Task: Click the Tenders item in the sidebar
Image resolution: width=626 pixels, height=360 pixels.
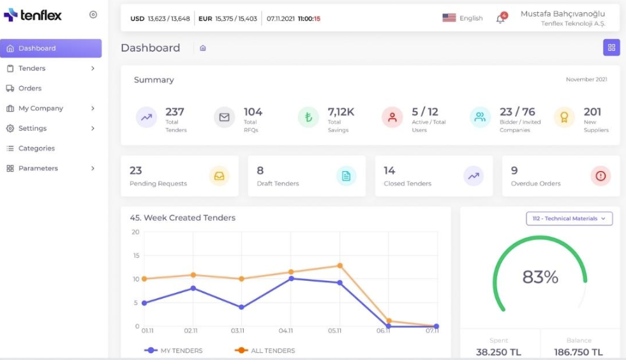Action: click(32, 68)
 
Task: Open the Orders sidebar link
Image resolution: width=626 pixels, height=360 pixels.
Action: click(30, 88)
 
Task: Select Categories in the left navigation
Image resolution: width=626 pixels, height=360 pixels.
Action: click(36, 148)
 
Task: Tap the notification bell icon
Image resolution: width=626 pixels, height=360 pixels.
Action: click(500, 19)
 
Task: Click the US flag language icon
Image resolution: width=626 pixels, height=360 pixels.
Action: click(449, 18)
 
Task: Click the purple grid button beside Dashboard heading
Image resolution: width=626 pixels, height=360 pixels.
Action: click(611, 47)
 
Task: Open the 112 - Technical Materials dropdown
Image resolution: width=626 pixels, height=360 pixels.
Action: click(569, 218)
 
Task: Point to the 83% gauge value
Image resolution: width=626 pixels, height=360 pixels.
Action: click(540, 277)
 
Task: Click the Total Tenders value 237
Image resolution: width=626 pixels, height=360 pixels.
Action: click(175, 112)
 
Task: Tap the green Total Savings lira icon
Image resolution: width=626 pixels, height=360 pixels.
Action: click(308, 117)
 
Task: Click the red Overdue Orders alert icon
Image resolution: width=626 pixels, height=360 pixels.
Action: click(600, 176)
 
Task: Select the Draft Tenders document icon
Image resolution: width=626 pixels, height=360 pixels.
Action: click(346, 176)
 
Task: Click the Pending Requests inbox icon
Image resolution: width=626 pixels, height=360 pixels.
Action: click(219, 176)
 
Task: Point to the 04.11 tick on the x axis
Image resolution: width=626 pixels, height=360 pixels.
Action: click(285, 331)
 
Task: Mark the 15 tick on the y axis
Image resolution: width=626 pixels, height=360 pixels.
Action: click(136, 255)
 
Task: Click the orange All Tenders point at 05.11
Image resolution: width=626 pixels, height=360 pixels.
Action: click(340, 266)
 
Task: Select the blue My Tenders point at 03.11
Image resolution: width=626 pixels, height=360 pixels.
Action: click(241, 307)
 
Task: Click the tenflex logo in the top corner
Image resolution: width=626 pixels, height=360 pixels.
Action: click(33, 15)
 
